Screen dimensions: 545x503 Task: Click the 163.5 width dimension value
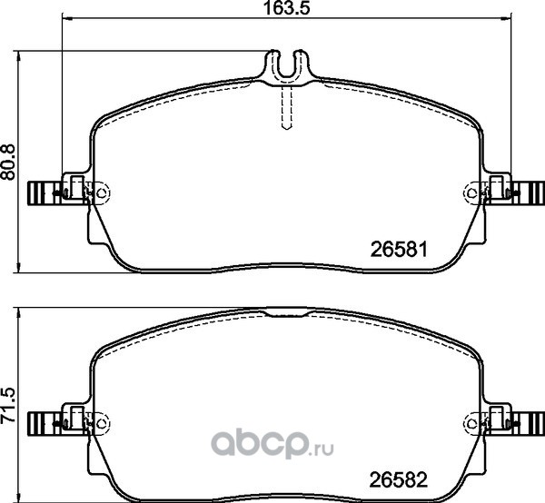tap(286, 8)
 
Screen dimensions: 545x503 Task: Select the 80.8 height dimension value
tap(8, 163)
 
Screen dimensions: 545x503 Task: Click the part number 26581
tap(399, 250)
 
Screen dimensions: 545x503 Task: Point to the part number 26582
tap(398, 480)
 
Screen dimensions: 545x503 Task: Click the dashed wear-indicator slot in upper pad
tap(286, 107)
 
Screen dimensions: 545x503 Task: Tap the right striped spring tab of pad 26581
tap(528, 192)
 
